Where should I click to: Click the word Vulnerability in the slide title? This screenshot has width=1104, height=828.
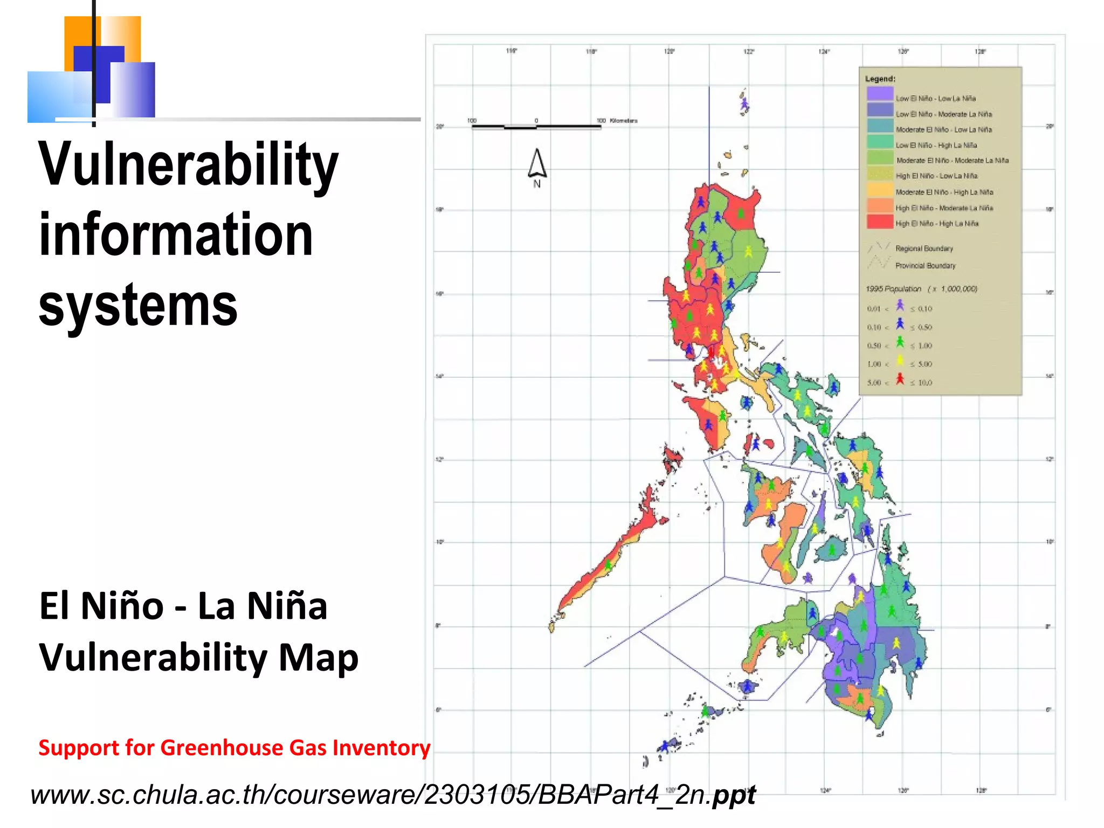coord(188,164)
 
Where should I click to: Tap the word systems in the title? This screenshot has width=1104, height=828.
coord(138,306)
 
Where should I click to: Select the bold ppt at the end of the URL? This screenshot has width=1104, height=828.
coord(734,795)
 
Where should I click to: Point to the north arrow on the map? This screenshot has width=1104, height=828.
coord(537,164)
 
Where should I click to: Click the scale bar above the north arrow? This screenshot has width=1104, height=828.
coord(536,127)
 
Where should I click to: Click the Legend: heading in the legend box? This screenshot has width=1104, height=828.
coord(880,79)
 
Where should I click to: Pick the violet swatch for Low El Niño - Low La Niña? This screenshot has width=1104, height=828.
coord(880,94)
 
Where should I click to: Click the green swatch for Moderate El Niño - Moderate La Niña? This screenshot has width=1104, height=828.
coord(880,158)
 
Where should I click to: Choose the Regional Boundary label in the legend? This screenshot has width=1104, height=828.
coord(924,249)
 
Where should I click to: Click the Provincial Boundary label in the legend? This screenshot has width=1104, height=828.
coord(925,266)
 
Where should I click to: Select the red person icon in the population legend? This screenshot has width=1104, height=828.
coord(900,379)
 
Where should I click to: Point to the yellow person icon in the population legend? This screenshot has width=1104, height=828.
coord(900,361)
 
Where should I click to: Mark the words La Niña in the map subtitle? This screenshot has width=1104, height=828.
coord(263,606)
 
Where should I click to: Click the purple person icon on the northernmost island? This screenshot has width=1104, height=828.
coord(744,103)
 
